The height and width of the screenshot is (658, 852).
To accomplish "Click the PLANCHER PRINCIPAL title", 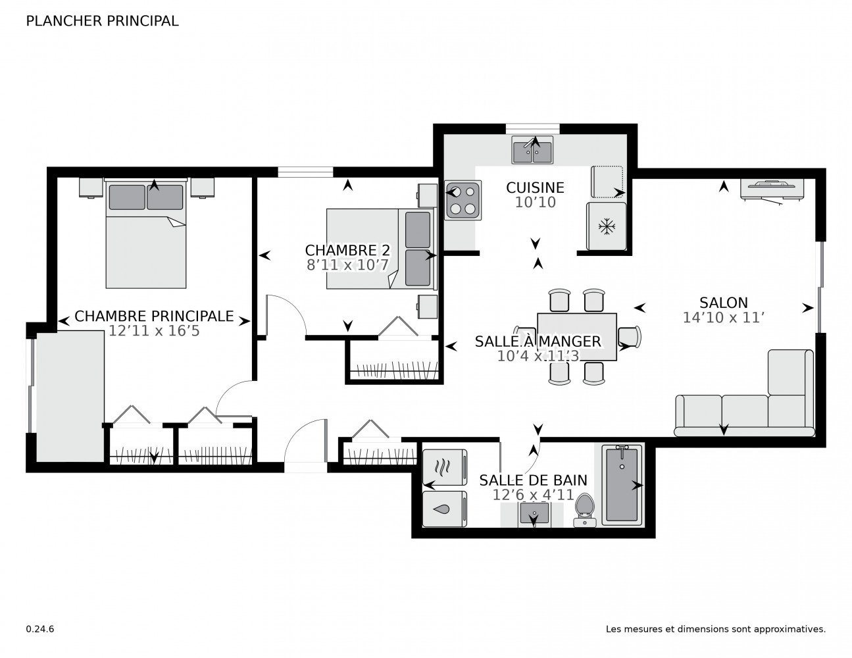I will pos(102,21).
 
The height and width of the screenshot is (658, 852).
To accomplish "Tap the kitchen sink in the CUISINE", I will pos(533,151).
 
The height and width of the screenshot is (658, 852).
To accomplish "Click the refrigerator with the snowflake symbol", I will pos(605,226).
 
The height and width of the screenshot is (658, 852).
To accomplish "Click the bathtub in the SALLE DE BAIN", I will pos(622,484).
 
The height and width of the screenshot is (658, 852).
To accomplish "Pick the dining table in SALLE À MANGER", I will pos(577,336).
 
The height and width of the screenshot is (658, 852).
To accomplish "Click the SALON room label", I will pos(723,303).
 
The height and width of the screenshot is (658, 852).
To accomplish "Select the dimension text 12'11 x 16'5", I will pos(154,331).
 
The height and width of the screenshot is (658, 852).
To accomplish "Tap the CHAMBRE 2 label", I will pos(347,251).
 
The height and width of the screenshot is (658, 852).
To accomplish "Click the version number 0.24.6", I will pos(40,629).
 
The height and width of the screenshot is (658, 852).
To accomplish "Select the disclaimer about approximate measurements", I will pos(715,629).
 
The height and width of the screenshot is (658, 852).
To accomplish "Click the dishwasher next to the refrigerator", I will pos(607,182).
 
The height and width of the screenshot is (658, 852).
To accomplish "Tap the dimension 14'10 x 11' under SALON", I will pos(723,318).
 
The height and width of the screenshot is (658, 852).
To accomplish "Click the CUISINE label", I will pos(535,188).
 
